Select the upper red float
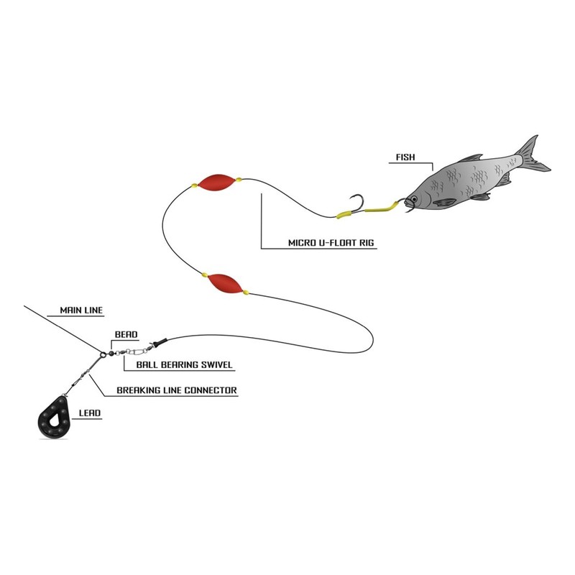(216, 182)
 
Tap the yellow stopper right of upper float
(239, 180)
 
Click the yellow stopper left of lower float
(204, 275)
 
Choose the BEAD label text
(126, 335)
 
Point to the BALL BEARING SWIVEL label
(178, 365)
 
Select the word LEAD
(90, 414)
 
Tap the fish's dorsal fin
(470, 157)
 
